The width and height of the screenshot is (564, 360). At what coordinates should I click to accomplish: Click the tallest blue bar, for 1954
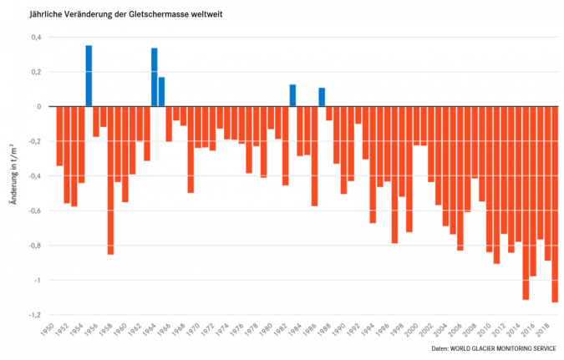[89, 76]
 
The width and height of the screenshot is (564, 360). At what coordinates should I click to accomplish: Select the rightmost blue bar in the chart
[322, 98]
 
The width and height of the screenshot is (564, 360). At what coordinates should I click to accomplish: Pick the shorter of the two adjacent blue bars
[161, 92]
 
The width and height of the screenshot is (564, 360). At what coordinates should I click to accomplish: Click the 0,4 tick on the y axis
[36, 38]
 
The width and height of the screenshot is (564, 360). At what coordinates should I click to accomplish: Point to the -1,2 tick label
[33, 315]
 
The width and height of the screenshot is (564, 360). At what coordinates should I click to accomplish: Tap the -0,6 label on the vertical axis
[33, 210]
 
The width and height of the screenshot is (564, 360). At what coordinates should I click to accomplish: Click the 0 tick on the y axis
[38, 107]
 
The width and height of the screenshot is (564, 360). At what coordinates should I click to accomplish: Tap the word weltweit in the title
[208, 15]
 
